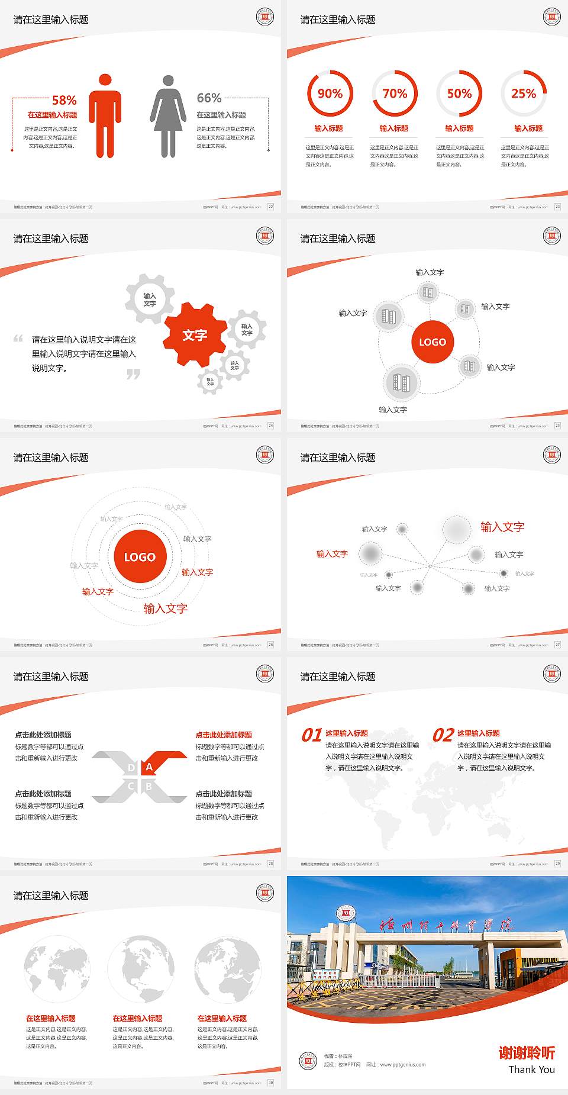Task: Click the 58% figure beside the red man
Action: tap(64, 100)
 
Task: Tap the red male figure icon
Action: tap(105, 116)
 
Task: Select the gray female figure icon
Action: tap(168, 116)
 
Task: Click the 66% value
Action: tap(209, 98)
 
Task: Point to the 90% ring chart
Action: tap(330, 94)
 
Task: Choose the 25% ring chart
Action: tap(524, 94)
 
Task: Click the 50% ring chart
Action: tap(459, 94)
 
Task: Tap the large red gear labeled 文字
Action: tap(195, 335)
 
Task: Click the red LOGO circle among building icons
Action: tap(433, 342)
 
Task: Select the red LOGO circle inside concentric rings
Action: tap(140, 556)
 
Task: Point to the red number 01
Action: tap(312, 735)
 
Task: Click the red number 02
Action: tap(443, 735)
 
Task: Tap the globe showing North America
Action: tap(141, 968)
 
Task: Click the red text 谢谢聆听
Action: tap(527, 1052)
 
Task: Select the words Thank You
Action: tap(531, 1069)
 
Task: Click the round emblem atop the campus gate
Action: tap(344, 913)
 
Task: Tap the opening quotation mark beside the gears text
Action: tap(18, 339)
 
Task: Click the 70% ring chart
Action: tap(395, 94)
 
